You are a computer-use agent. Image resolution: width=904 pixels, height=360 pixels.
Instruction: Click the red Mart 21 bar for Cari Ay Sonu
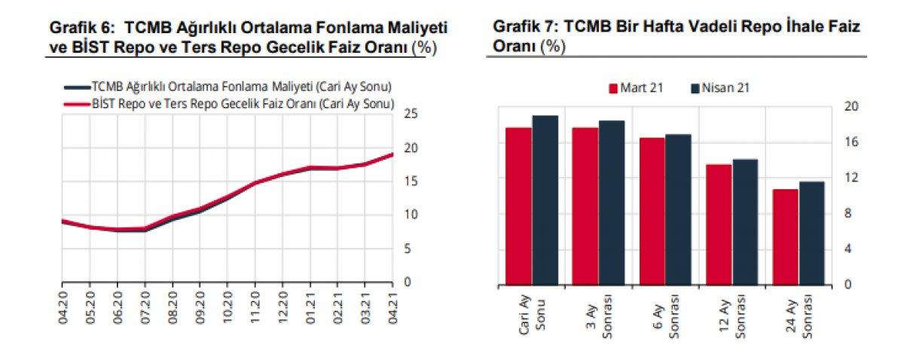click(x=518, y=206)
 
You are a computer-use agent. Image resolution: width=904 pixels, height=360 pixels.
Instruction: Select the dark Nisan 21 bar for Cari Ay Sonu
click(x=545, y=200)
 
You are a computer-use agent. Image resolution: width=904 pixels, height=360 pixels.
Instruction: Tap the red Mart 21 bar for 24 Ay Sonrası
click(x=785, y=237)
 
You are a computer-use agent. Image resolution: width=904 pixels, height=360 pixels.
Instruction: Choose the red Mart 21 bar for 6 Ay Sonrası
click(x=652, y=212)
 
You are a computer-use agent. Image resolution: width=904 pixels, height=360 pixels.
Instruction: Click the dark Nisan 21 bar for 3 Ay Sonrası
click(x=612, y=203)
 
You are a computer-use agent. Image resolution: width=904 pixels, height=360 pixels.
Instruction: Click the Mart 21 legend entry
click(x=636, y=88)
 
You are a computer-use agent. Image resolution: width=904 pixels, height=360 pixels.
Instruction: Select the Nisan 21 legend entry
click(x=720, y=88)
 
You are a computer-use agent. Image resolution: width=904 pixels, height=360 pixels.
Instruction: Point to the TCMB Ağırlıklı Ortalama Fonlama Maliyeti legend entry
click(x=228, y=87)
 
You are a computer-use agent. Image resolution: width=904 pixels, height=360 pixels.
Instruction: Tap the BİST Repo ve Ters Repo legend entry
click(x=229, y=104)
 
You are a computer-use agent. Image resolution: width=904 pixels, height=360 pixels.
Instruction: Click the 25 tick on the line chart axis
click(x=411, y=114)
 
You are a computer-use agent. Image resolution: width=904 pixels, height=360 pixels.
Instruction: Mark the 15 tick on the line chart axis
click(x=411, y=182)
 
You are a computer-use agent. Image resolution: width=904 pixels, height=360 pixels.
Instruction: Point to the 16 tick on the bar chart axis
click(x=851, y=142)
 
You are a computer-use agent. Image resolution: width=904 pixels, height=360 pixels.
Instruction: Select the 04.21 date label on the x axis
click(x=392, y=308)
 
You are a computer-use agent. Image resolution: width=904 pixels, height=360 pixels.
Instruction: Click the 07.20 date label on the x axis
click(x=145, y=308)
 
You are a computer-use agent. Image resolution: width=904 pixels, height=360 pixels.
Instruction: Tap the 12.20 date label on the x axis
click(x=282, y=308)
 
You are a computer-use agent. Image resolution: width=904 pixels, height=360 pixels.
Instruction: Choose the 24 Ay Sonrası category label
click(x=799, y=318)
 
